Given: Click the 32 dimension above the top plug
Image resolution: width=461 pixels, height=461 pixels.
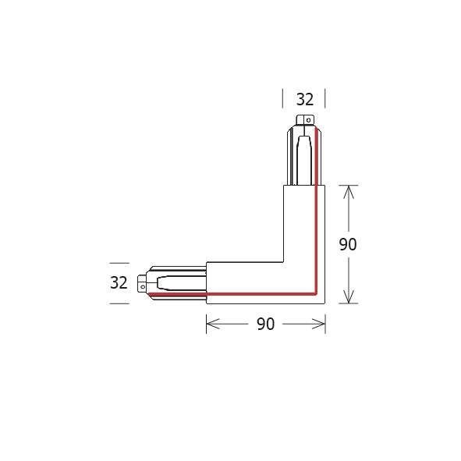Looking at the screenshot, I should (x=304, y=100).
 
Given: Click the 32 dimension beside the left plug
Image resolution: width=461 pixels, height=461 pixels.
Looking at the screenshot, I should (x=119, y=283).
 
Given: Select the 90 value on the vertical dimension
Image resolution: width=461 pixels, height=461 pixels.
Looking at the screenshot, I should (x=348, y=244).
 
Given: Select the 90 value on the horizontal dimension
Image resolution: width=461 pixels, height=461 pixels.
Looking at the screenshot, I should (x=265, y=324).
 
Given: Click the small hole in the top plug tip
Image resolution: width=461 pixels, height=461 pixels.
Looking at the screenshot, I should (x=307, y=121).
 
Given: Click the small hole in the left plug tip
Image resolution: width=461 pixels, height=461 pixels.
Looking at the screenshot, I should (x=142, y=286).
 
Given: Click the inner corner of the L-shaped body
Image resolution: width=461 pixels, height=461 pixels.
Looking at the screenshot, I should (x=283, y=261).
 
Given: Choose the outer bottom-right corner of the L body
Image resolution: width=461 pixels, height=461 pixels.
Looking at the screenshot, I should (x=324, y=303).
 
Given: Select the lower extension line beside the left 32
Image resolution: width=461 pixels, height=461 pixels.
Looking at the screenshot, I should (x=119, y=303).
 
